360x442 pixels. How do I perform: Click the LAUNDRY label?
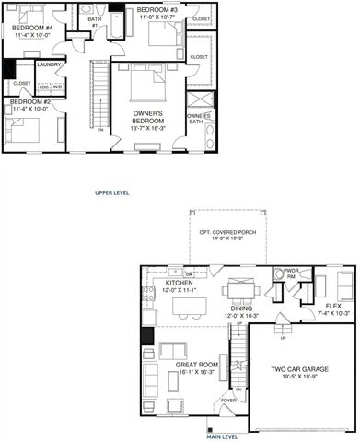tap(49, 64)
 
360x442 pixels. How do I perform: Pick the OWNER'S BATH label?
tap(201, 115)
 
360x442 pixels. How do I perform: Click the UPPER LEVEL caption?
tap(112, 193)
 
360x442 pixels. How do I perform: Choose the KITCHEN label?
tap(179, 283)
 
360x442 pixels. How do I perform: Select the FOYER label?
tap(228, 401)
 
